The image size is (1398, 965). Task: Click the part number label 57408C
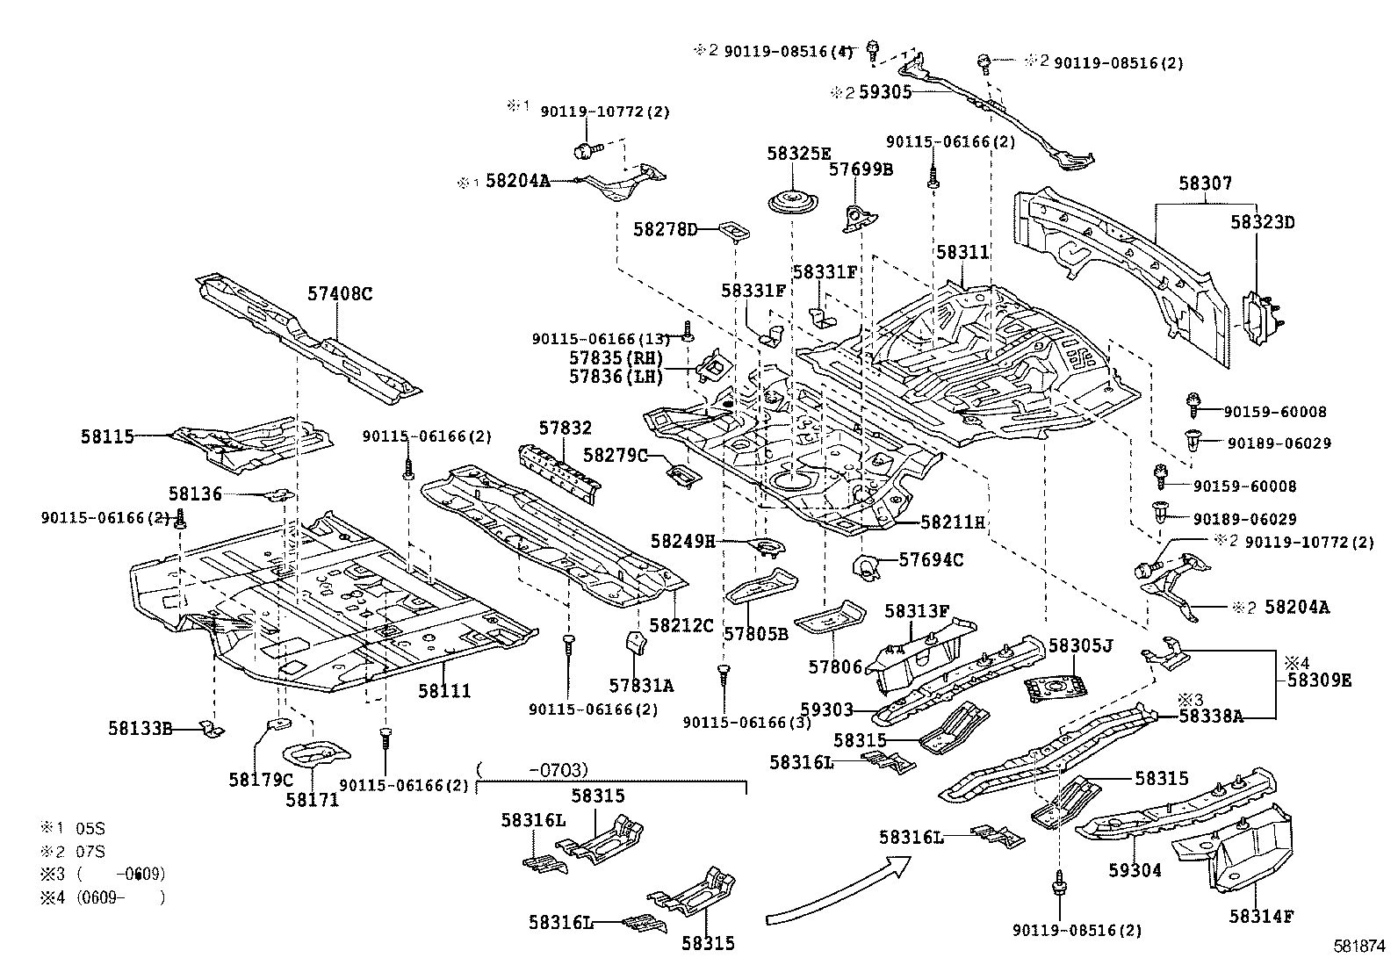click(x=340, y=293)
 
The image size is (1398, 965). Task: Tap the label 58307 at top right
click(x=1205, y=184)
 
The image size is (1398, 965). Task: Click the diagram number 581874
click(x=1358, y=947)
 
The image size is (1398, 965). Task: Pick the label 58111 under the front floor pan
click(x=444, y=691)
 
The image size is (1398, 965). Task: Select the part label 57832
click(x=566, y=428)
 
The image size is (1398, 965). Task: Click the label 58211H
click(x=953, y=522)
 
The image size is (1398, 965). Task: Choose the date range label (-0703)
click(x=532, y=770)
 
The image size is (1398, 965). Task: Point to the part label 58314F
click(x=1262, y=916)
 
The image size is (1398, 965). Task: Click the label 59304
click(x=1135, y=870)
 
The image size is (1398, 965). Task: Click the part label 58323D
click(x=1262, y=222)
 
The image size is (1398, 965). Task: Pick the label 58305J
click(x=1081, y=646)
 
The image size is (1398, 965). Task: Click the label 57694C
click(x=932, y=559)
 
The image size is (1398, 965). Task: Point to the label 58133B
click(x=141, y=727)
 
